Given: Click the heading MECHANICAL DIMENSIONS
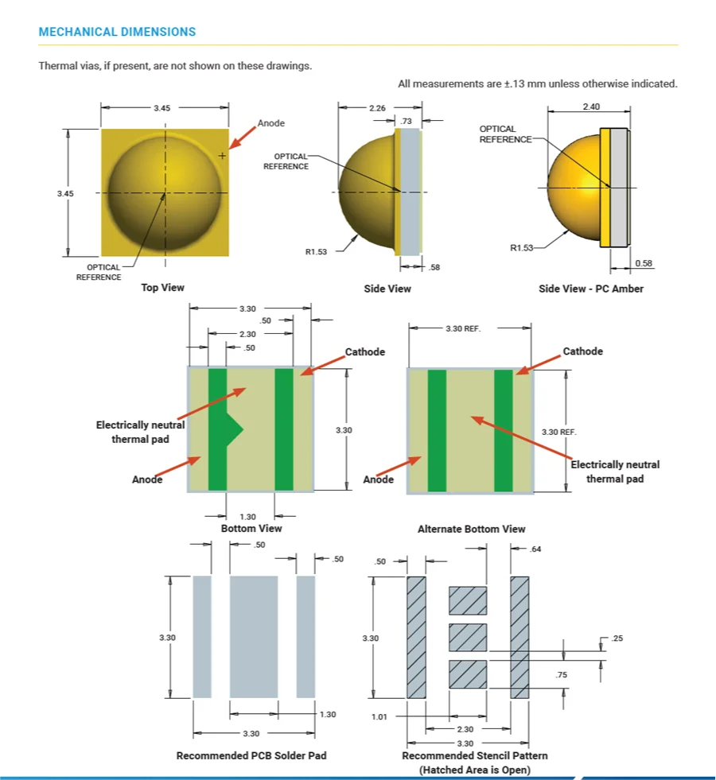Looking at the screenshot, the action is tap(117, 33).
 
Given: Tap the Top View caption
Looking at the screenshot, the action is tap(162, 287).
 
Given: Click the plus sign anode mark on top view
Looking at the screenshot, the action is tap(222, 156).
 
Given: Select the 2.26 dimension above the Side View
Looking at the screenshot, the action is tap(378, 108).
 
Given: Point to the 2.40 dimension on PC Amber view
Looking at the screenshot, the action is tap(591, 107).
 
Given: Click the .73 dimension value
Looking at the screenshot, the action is tap(407, 121).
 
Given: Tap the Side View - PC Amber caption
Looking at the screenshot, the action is tap(590, 289).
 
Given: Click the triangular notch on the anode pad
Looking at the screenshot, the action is tap(235, 429).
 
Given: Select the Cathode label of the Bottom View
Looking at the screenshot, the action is tap(364, 352).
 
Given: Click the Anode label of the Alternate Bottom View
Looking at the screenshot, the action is tap(379, 479).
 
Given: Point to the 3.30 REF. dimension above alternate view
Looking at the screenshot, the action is tap(463, 328).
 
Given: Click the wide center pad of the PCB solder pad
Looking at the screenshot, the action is tap(254, 636).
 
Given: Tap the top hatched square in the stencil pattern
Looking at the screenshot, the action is tap(468, 600).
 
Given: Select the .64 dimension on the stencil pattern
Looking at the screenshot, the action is tap(535, 549).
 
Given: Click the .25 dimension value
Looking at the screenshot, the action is tap(618, 638).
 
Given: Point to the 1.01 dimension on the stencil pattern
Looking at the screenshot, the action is tap(379, 716).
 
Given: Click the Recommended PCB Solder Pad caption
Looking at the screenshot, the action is tap(251, 755).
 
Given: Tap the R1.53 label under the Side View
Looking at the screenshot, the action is tap(317, 251).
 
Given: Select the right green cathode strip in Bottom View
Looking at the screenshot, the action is tap(284, 429).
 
